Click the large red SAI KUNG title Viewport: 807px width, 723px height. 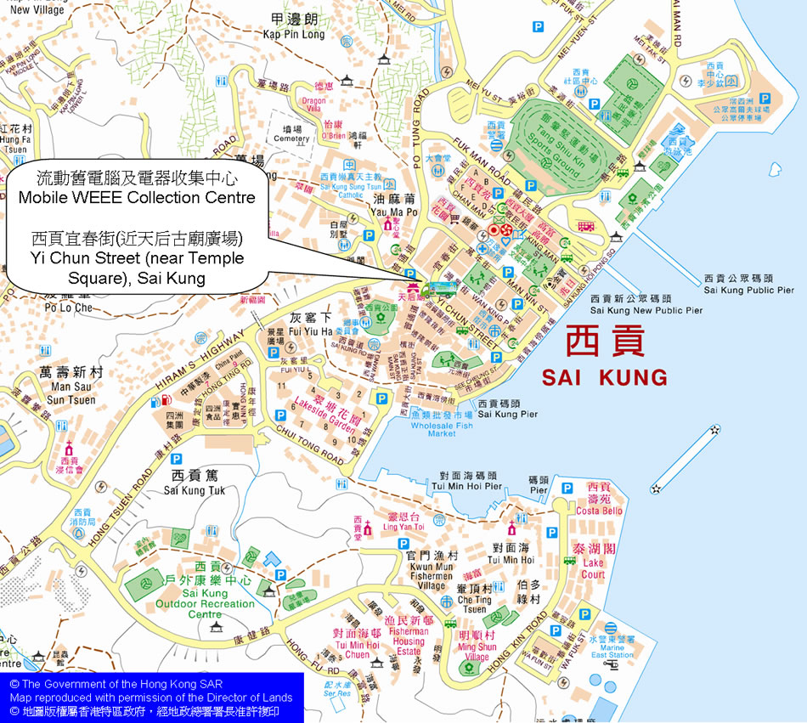pos(605,376)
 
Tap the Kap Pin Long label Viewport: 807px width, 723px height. pos(294,35)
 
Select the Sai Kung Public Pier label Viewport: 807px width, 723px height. pos(748,290)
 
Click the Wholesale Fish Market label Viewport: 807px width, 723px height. pos(442,428)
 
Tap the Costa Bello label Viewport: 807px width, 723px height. pos(599,511)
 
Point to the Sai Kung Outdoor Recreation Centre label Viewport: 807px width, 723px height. pos(205,603)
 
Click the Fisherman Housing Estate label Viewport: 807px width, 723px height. pos(409,641)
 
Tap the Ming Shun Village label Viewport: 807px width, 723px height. pos(477,652)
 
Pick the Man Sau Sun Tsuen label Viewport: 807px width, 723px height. pos(71,393)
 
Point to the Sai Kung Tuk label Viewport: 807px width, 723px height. pos(195,490)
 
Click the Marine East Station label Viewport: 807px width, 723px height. pos(612,650)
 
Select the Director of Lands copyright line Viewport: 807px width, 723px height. pos(151,698)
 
